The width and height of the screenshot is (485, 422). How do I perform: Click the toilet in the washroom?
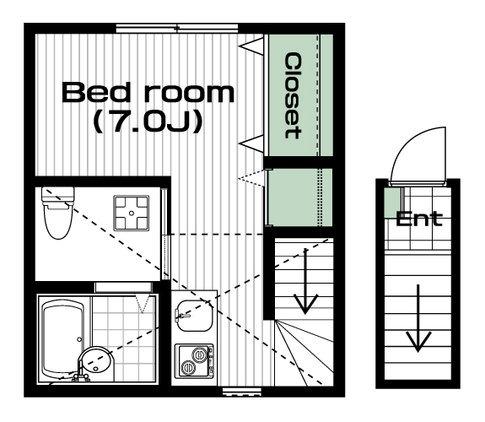click(58, 213)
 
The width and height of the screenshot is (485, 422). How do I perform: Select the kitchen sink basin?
click(194, 316)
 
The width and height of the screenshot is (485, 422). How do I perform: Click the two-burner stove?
click(194, 360)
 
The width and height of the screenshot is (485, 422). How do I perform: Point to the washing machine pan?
click(132, 213)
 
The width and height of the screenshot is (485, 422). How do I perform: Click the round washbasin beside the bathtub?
click(96, 364)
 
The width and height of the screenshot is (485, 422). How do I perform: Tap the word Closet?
click(293, 95)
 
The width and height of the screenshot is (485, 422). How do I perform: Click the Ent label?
click(419, 219)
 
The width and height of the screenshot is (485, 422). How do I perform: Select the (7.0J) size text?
click(148, 122)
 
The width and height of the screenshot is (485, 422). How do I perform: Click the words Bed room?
click(148, 92)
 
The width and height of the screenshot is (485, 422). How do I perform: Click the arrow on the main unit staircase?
click(305, 281)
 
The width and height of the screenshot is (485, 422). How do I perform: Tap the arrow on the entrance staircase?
click(418, 318)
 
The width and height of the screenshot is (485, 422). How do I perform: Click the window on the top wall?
click(177, 29)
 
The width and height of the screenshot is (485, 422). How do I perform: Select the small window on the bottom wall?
click(242, 392)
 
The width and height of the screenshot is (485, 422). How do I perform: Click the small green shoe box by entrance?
click(393, 203)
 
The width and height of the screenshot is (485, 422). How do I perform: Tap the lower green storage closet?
click(300, 197)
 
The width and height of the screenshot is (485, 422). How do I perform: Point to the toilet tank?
click(58, 196)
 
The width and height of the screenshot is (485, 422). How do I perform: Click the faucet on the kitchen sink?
click(182, 316)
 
